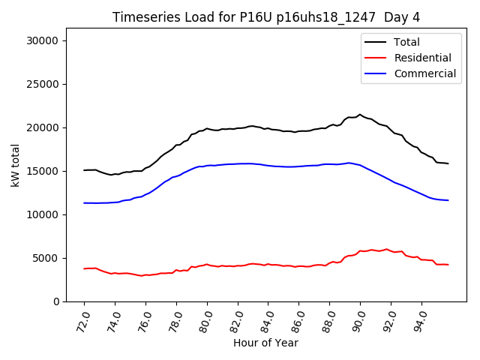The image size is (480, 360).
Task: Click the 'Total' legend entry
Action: (x=407, y=42)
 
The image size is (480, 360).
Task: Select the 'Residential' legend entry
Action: (x=422, y=58)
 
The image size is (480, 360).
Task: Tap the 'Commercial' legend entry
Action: (x=424, y=73)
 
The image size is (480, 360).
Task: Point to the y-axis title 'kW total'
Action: (x=16, y=165)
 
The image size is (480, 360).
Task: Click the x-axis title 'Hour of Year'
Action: (x=266, y=343)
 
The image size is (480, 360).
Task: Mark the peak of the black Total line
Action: (x=360, y=115)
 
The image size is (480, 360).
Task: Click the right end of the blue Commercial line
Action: (x=448, y=200)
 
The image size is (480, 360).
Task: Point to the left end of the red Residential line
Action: (x=85, y=268)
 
